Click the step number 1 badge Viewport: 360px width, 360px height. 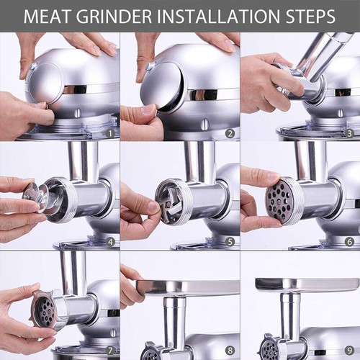110,133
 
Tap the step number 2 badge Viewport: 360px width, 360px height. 230,133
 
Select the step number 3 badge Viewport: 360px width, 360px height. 349,133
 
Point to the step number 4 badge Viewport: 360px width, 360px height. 110,242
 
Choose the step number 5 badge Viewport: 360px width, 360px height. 230,242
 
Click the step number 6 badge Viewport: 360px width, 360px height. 349,242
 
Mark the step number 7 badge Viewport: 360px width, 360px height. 110,351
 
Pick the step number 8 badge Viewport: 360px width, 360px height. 230,351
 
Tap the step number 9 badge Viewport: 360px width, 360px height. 349,351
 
